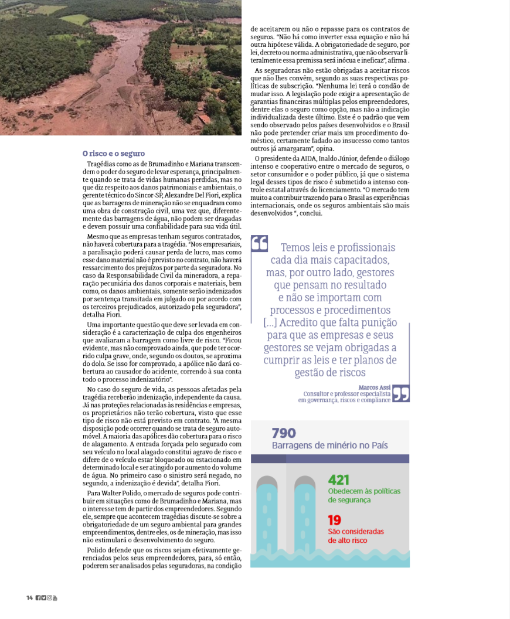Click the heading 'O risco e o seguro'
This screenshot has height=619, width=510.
point(114,154)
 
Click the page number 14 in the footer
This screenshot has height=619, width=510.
point(29,598)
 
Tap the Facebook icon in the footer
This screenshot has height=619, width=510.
point(38,598)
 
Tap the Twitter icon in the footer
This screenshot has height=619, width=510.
point(43,598)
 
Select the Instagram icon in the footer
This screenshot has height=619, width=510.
point(49,598)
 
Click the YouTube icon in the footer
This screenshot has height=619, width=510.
point(55,598)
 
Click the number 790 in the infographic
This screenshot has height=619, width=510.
point(284,433)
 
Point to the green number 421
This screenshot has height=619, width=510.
point(339,479)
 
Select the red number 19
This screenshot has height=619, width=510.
point(334,520)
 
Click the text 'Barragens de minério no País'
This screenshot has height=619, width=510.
point(329,445)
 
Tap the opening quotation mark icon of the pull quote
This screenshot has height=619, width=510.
point(259,243)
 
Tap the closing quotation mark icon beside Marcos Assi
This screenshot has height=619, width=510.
point(400,393)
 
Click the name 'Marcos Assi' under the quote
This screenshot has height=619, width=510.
point(375,387)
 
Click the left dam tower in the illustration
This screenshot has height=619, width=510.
point(268,516)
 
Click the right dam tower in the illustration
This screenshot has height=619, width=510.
point(305,516)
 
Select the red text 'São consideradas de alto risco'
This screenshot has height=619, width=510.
point(355,536)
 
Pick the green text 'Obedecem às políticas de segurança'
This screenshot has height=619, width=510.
point(364,495)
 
